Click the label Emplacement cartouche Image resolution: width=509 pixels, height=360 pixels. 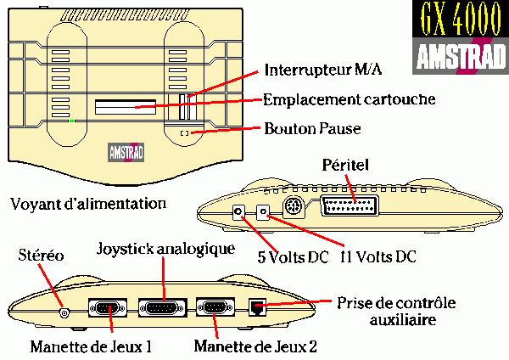[349, 99]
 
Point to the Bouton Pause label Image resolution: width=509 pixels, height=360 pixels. [312, 130]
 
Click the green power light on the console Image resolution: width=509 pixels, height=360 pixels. [72, 121]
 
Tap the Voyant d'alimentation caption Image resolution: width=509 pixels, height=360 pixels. [88, 204]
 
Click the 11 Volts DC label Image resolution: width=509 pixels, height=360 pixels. [378, 254]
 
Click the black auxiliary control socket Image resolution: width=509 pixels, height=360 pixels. [255, 308]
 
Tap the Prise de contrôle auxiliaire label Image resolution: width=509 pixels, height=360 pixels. [395, 312]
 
